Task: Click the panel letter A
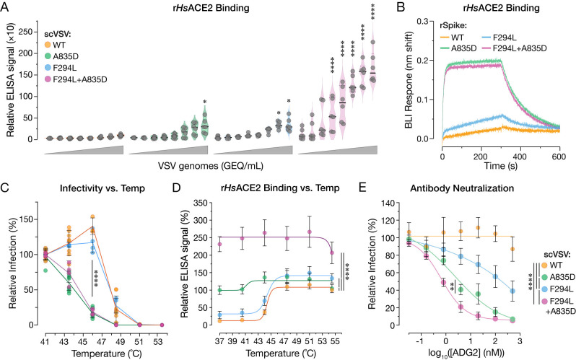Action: [7, 8]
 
